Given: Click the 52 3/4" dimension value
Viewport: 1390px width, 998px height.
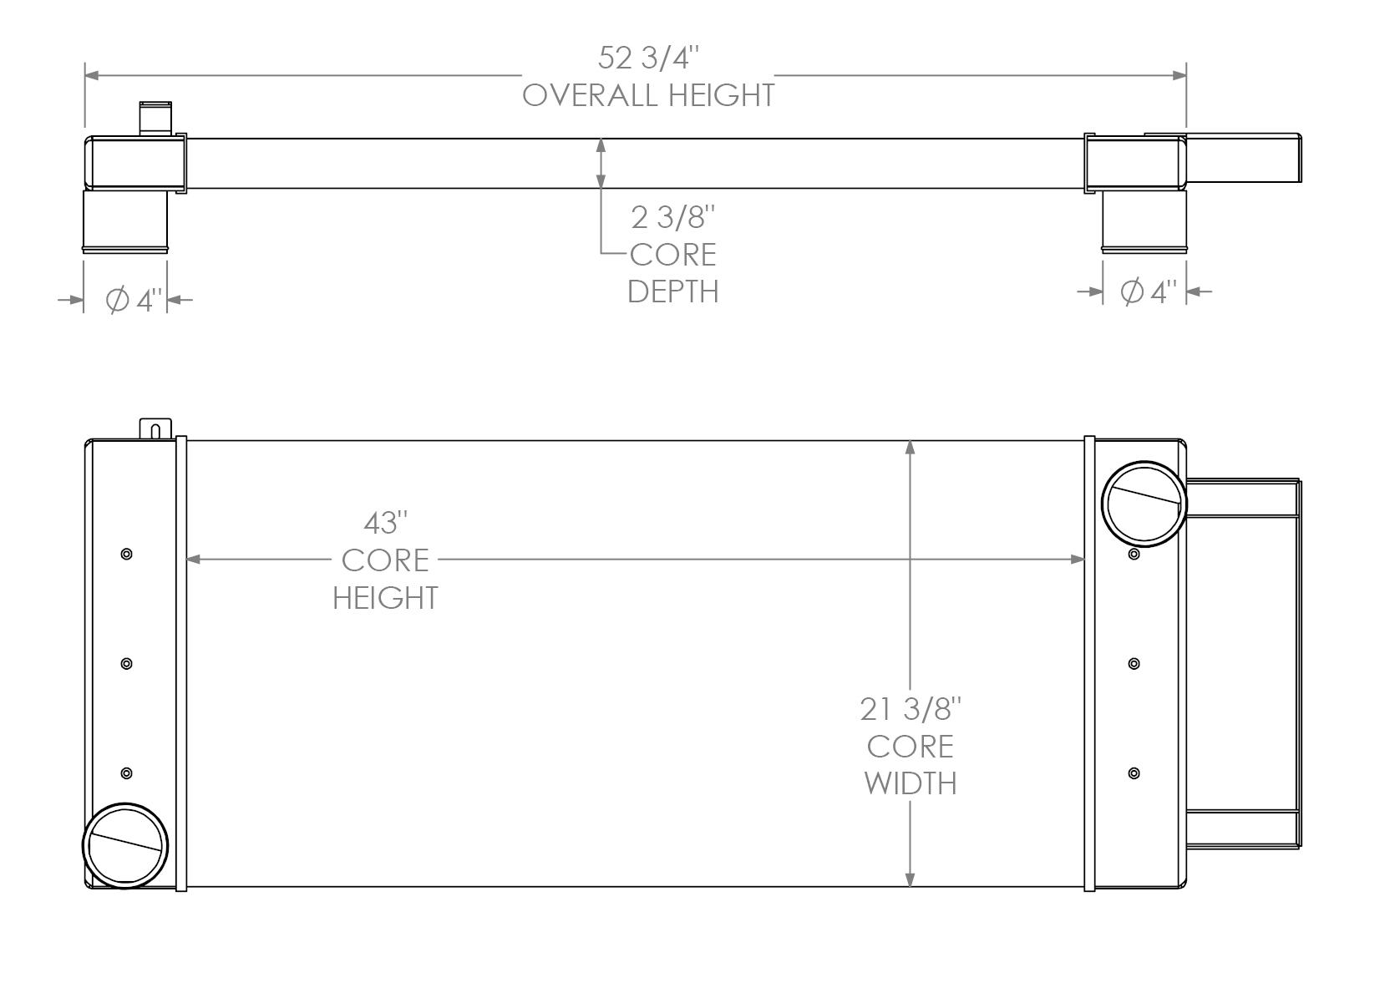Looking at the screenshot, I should click(x=647, y=58).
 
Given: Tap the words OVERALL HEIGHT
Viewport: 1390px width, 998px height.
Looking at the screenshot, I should click(x=648, y=95).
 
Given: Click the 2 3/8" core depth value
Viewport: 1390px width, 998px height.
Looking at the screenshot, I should click(x=673, y=218).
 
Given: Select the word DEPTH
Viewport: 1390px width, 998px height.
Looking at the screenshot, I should click(x=672, y=291).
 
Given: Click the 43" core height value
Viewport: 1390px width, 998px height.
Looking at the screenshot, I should click(x=385, y=524).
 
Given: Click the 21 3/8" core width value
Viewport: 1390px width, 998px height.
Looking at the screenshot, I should click(x=911, y=710).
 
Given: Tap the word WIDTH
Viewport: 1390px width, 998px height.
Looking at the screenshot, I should click(x=911, y=783).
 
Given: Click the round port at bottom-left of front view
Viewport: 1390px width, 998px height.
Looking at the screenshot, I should click(x=125, y=845).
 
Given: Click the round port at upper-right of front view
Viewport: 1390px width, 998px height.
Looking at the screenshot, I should click(x=1144, y=504).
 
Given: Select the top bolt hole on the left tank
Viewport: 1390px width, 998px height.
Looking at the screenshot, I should click(x=126, y=554).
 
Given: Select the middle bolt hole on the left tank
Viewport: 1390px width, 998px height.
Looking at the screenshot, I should click(x=126, y=663).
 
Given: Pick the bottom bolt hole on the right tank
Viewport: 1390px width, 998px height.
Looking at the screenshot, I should click(x=1134, y=773).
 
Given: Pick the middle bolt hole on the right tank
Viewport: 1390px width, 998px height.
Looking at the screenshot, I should click(x=1134, y=663).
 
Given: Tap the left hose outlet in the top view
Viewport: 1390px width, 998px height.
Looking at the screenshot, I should click(x=125, y=220).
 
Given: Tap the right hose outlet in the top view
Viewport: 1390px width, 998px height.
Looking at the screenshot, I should click(x=1144, y=220).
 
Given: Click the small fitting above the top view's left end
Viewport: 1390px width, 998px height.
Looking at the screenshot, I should click(x=155, y=117).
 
